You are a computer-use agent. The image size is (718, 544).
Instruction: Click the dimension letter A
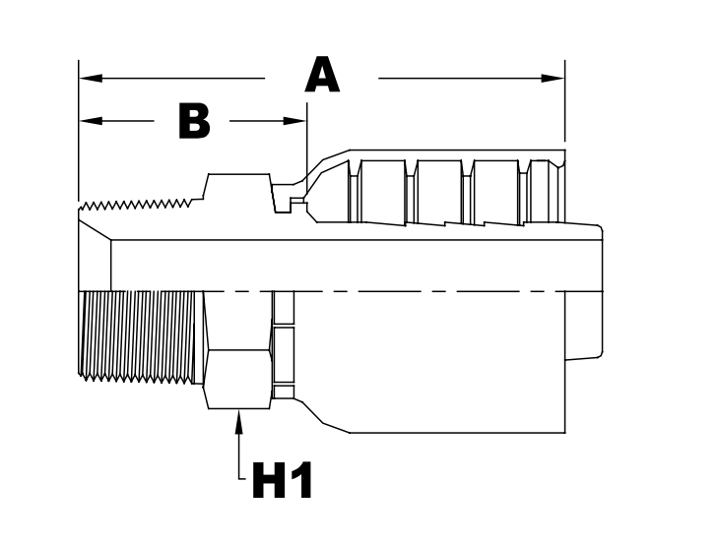(322, 77)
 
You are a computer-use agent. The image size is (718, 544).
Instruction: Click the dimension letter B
(194, 121)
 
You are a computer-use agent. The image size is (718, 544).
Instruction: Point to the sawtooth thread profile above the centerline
(138, 206)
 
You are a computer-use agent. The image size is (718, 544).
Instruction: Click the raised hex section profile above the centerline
(236, 187)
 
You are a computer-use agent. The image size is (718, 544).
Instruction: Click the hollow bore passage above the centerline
(345, 264)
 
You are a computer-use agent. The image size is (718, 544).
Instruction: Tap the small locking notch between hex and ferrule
(294, 203)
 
